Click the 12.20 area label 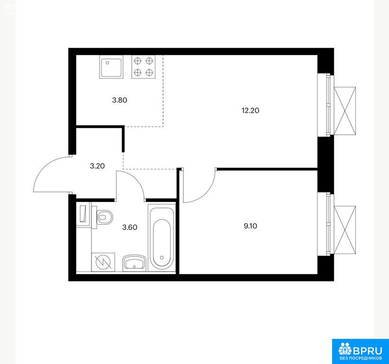[250, 110]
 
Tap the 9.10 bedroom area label [251, 226]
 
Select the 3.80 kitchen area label [119, 100]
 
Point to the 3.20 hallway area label [97, 166]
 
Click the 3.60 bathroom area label [130, 227]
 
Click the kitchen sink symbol [111, 67]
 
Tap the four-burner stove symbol [144, 67]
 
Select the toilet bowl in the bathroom [102, 217]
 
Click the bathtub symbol [162, 237]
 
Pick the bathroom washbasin [134, 263]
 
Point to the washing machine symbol [103, 262]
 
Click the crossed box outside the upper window [345, 110]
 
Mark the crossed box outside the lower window [345, 230]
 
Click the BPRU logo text [367, 351]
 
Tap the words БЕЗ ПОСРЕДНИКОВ [361, 358]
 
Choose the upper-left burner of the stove [138, 61]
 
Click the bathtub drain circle [162, 258]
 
